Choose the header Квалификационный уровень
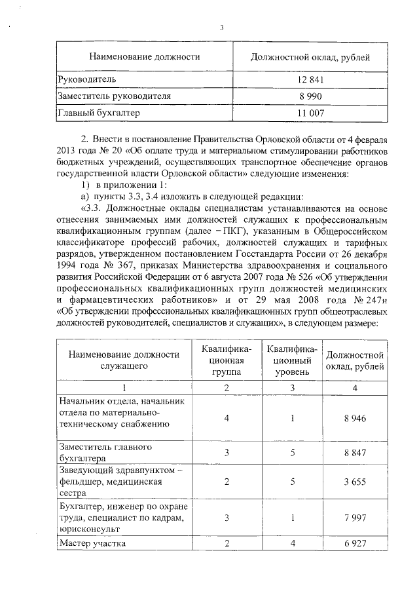[x=292, y=360]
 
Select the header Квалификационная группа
[x=226, y=360]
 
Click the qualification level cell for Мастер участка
[x=292, y=544]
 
